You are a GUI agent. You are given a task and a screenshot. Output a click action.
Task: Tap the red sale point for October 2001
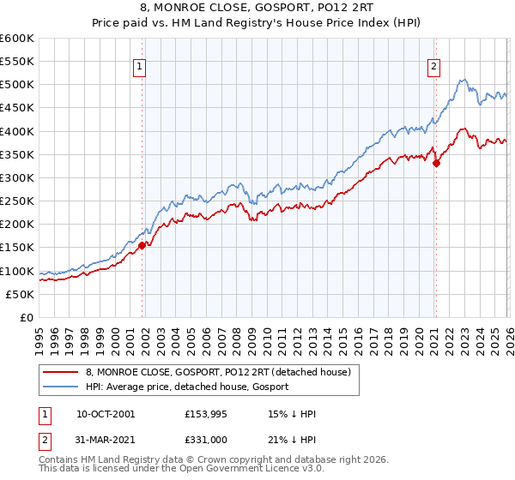142,245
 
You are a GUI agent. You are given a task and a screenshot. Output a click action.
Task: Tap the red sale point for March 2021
436,163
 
